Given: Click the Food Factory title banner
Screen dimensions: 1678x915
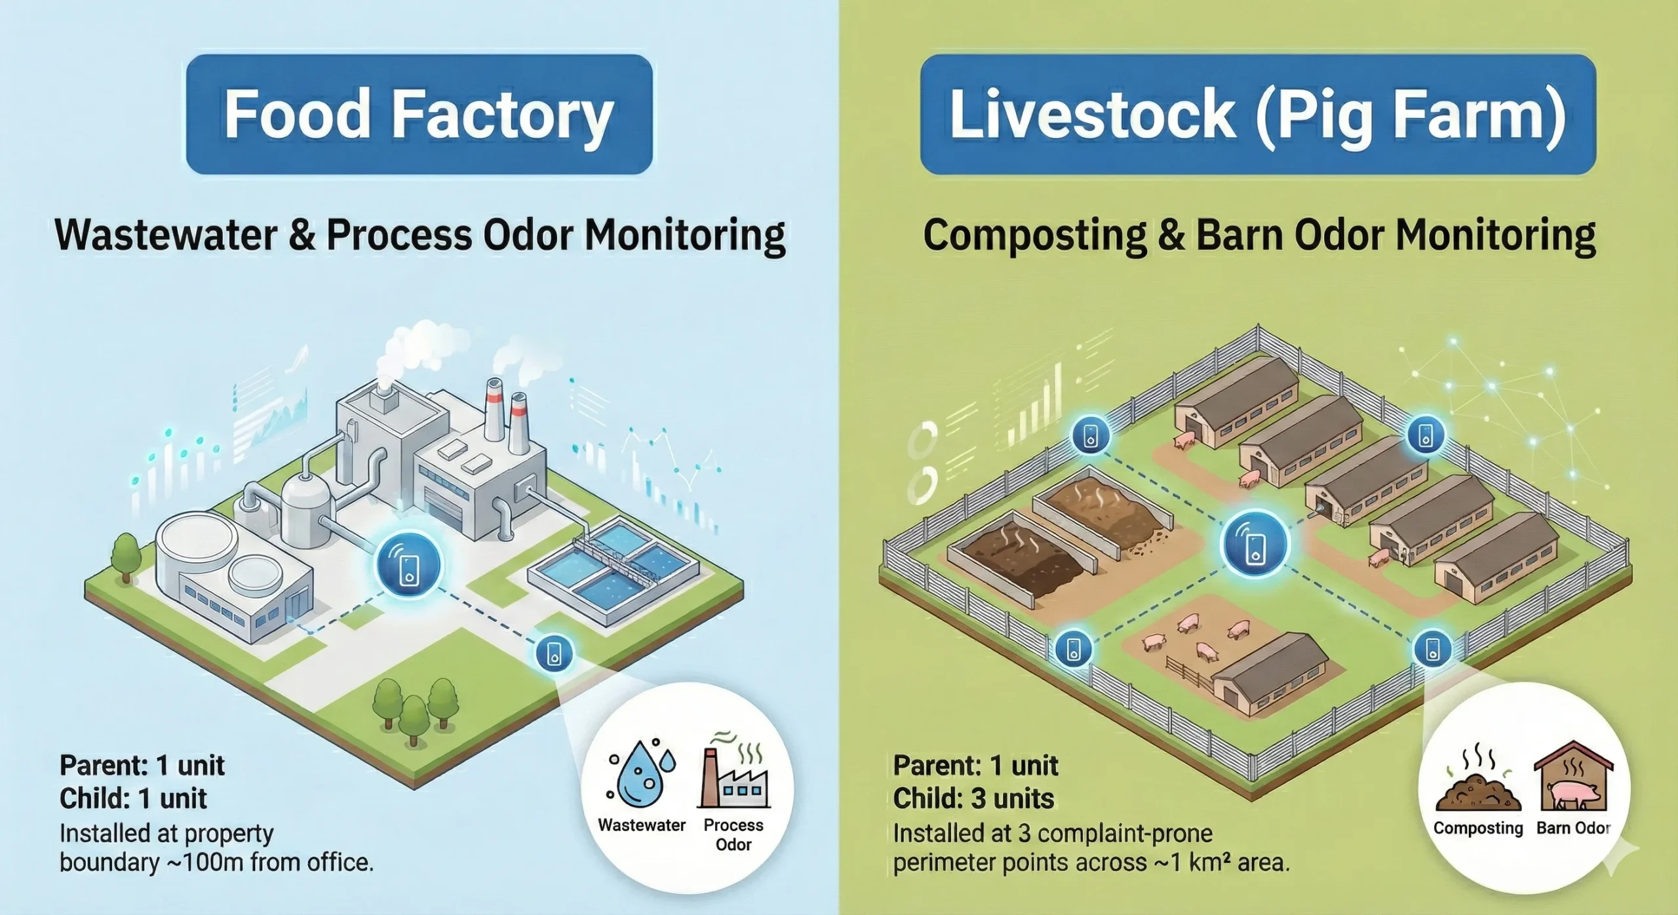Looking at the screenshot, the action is pos(419,114).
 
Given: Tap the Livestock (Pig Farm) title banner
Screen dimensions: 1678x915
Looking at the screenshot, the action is pos(1257,114).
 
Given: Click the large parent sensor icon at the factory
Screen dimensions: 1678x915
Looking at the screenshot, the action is pos(410,564).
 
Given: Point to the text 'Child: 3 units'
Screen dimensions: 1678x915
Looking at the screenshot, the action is pos(973,799).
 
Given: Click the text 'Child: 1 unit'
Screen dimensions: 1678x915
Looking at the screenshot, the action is pos(133,799).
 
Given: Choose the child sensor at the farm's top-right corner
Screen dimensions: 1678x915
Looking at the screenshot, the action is pos(1426,435).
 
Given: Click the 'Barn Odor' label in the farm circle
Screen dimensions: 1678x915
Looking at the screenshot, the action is pos(1573,828).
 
